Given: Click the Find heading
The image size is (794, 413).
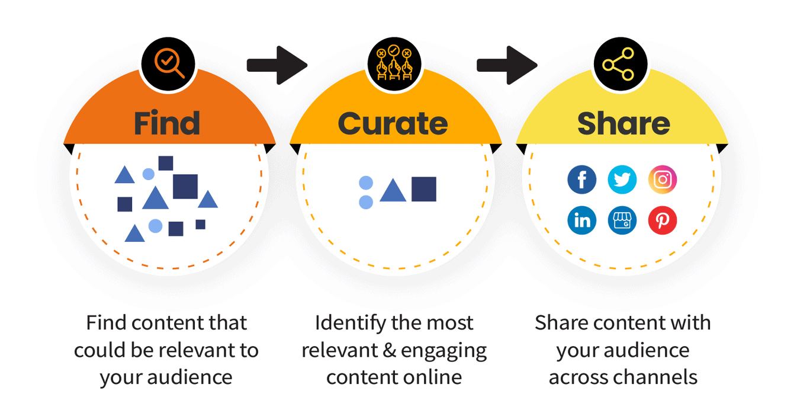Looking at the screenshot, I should pos(167,123).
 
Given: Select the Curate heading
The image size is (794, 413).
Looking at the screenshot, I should pos(393,123).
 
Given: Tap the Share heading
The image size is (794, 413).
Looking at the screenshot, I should pos(623,123).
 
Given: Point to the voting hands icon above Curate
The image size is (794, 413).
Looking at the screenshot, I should pos(394,62).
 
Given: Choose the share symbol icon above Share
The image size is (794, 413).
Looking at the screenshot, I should pos(620,63).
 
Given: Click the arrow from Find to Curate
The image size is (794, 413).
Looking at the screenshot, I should pos(277,63).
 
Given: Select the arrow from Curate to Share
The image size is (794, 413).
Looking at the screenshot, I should pos(507,63).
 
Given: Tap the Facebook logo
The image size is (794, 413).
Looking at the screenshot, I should pos(581,180).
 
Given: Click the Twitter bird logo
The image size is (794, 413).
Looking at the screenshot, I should pos(622,180).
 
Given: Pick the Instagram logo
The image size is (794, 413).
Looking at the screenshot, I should pos(663,180).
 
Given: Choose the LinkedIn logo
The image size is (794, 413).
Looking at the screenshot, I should pos(581,220).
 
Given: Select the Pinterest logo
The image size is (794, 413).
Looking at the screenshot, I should pos(663,220).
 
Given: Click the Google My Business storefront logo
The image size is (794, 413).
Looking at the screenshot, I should pos(622,220).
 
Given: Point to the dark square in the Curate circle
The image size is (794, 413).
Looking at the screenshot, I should pos(424,189).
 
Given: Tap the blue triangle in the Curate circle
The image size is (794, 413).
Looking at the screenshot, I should pos(393,191).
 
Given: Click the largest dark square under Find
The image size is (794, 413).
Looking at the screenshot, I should pos(185,186).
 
